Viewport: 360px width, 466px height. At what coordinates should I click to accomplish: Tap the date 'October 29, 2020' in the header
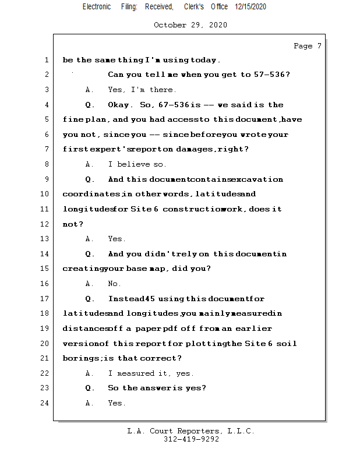190,25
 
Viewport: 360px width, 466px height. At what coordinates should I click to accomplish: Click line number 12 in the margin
45,224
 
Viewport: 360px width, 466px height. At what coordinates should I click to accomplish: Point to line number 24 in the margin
45,403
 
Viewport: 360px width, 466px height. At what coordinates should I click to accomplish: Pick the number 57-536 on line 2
272,75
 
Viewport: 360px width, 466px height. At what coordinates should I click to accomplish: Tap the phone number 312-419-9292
191,439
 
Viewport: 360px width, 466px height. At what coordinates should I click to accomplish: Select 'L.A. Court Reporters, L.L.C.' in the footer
190,431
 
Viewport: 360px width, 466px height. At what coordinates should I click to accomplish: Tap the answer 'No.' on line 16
115,284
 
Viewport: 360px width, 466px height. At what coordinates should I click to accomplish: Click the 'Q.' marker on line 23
90,388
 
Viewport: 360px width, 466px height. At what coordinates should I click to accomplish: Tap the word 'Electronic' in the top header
97,6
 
